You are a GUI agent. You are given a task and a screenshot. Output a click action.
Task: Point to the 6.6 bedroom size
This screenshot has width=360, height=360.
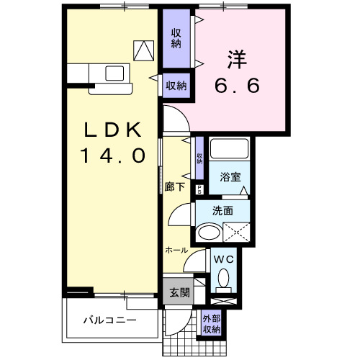click(x=237, y=84)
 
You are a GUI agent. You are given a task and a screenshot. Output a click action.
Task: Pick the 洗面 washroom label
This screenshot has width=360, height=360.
click(x=222, y=212)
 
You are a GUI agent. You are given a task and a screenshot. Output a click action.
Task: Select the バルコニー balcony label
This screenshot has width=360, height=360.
click(x=109, y=318)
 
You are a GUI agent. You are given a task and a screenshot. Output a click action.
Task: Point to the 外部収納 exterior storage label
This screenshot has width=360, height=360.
click(x=211, y=324)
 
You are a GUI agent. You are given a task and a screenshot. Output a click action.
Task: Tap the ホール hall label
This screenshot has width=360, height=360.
click(x=176, y=250)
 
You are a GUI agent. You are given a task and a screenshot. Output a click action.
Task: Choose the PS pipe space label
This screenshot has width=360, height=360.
click(x=199, y=189)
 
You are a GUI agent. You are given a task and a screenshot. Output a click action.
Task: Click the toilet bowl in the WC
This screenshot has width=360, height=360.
click(x=223, y=278)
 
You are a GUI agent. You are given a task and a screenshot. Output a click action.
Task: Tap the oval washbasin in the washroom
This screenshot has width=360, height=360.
click(x=210, y=233)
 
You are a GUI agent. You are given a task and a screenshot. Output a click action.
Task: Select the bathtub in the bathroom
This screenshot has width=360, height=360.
click(x=230, y=150)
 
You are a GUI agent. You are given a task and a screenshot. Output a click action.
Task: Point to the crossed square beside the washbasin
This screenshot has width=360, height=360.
click(x=238, y=233)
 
